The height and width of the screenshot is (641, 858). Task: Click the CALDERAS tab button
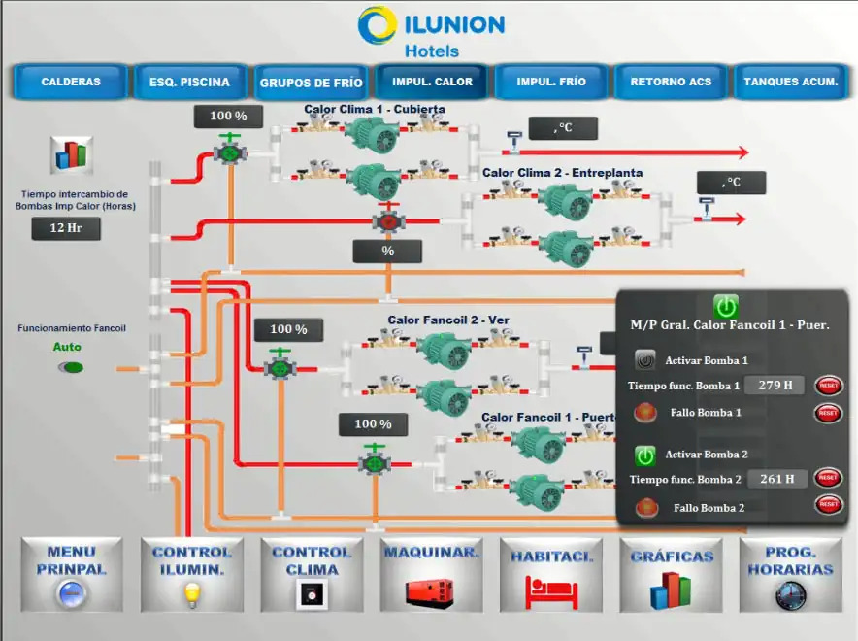click(x=71, y=83)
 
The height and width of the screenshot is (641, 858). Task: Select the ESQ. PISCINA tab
click(x=190, y=83)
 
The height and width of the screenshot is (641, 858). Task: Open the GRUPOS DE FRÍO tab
click(x=311, y=83)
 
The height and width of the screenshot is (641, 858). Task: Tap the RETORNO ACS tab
click(x=671, y=83)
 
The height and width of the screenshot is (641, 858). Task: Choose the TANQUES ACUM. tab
click(x=790, y=83)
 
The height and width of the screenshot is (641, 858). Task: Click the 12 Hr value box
click(x=66, y=229)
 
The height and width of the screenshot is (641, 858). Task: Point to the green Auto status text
click(x=67, y=347)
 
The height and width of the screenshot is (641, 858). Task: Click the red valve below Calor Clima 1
click(x=389, y=221)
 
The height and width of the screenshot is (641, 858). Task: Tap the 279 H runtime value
click(x=775, y=385)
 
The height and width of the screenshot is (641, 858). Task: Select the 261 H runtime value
click(x=777, y=478)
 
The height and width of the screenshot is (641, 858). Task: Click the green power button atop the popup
click(x=726, y=307)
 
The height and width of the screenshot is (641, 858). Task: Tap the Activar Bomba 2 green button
click(x=645, y=455)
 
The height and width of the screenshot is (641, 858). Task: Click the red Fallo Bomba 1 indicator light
click(x=644, y=413)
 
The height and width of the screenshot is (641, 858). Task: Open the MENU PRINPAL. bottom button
click(x=71, y=574)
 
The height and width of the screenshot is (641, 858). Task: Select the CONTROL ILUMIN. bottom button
click(x=191, y=574)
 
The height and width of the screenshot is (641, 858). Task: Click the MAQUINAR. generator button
click(x=431, y=574)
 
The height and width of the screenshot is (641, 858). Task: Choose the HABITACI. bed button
click(x=550, y=574)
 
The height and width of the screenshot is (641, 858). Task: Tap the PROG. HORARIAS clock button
click(x=790, y=574)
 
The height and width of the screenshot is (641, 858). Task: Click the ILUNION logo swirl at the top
click(x=377, y=26)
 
